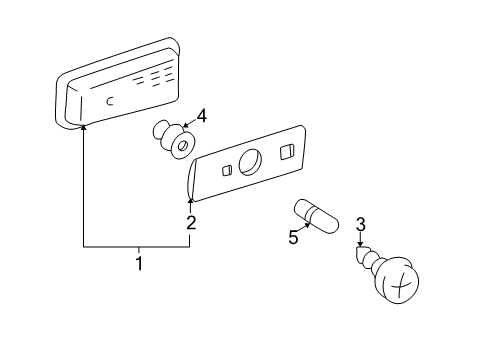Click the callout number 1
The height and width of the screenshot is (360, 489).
point(139,263)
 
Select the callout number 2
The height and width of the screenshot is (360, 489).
point(191,223)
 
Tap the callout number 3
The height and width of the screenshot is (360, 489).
point(361,224)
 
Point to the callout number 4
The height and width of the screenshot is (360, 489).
point(201,116)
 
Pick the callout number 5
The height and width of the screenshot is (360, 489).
point(293,237)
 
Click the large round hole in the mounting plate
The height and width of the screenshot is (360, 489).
point(250,162)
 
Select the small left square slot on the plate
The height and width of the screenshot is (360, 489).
point(227,170)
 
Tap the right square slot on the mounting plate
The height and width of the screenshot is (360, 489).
point(287,152)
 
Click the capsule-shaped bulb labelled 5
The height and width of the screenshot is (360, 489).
point(316,216)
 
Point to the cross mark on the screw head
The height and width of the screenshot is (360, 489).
point(401,284)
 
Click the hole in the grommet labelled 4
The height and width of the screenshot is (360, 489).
point(182,146)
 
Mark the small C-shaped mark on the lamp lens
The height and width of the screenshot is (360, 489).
point(110,101)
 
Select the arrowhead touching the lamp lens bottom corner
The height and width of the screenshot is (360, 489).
point(83,127)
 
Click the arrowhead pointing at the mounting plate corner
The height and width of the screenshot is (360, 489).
point(190,200)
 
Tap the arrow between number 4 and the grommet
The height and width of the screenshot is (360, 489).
point(188,123)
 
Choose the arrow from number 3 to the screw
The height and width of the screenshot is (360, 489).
point(360,239)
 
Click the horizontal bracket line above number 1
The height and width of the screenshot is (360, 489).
point(136,247)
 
